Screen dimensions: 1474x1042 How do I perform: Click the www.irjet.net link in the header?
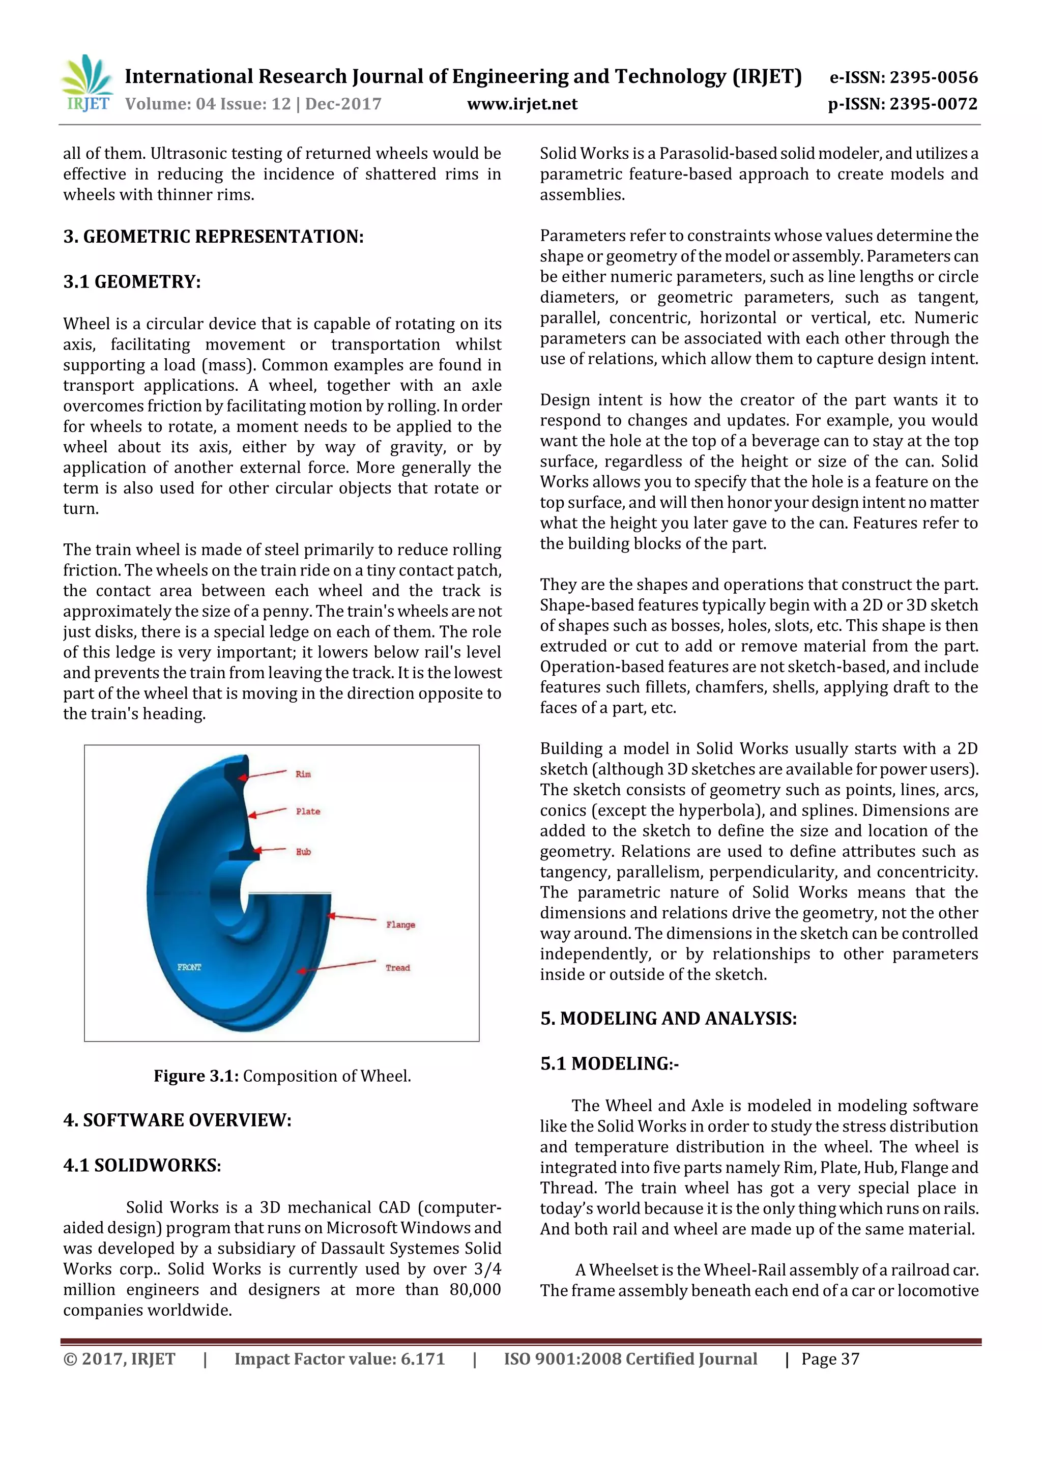coord(522,104)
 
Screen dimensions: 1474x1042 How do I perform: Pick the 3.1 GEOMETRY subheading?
coord(132,282)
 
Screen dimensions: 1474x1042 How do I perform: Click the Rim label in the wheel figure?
coord(303,774)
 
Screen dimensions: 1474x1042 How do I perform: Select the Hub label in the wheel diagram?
coord(303,852)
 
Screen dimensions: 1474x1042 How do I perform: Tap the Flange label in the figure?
coord(400,924)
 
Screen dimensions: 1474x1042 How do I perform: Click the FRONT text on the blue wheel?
coord(189,967)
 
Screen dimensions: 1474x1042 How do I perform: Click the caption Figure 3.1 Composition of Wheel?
coord(282,1076)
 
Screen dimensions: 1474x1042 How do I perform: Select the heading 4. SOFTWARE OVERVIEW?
coord(177,1120)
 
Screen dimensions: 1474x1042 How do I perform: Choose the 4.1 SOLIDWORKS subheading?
coord(142,1165)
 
